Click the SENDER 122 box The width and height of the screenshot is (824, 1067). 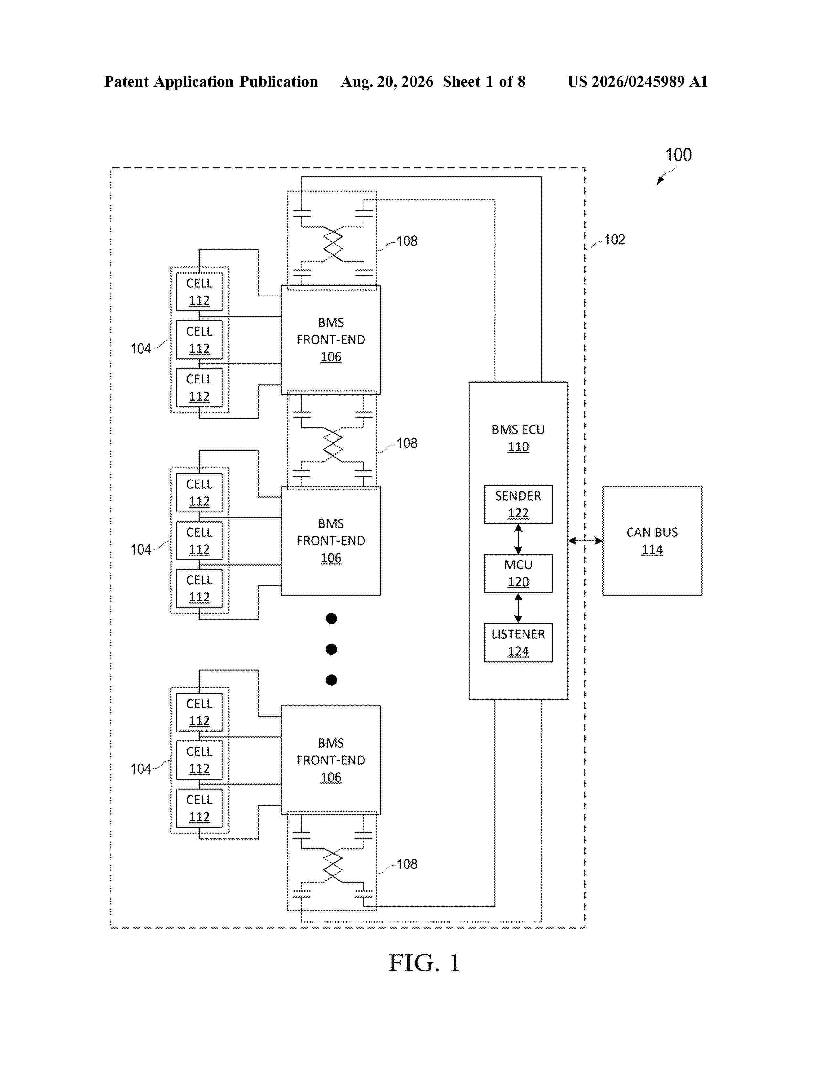518,504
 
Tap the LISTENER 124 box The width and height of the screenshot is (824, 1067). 518,642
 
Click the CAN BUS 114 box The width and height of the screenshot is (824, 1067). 652,540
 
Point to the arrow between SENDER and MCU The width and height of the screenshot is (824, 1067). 518,539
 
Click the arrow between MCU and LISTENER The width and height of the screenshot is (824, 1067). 518,608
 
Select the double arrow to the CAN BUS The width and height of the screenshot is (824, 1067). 585,540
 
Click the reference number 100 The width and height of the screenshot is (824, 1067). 679,155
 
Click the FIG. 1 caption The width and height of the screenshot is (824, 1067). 424,963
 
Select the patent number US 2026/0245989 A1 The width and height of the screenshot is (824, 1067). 638,81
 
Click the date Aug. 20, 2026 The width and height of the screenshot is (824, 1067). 387,81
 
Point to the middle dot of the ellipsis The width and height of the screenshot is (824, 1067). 332,649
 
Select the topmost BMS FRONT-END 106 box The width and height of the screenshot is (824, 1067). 331,339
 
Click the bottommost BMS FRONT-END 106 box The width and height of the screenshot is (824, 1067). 331,760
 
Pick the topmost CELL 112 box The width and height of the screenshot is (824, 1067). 199,292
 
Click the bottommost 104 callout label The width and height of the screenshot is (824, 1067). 141,769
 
